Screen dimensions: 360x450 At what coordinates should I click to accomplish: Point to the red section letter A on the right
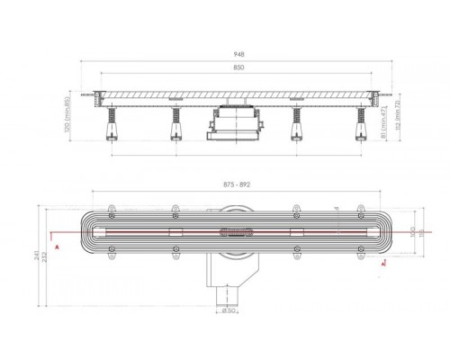point(384,265)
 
